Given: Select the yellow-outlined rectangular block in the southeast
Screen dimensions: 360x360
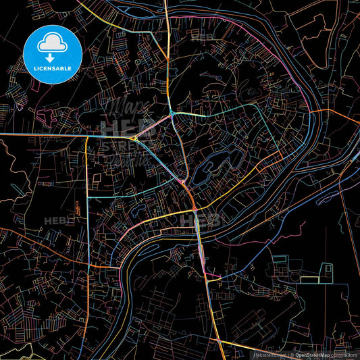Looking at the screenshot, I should tap(309, 279).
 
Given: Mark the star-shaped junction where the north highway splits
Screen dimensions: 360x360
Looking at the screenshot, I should tap(174, 113).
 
